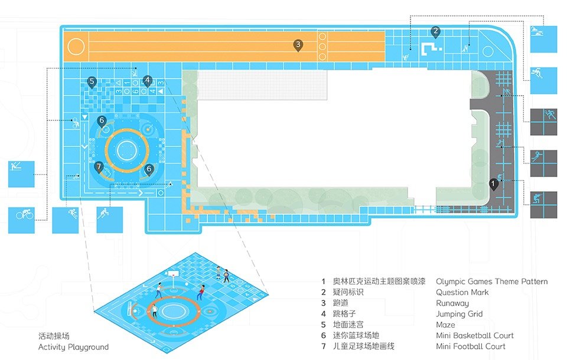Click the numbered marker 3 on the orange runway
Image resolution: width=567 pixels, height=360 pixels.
pos(298,45)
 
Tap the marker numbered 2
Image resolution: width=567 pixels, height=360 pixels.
pos(435,32)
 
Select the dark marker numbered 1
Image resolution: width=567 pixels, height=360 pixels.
pos(493,184)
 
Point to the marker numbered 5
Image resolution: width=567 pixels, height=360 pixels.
pos(92,83)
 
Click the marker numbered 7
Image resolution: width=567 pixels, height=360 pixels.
pos(99,168)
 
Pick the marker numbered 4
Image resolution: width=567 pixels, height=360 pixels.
pos(147,81)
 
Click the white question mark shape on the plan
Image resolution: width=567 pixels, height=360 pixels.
pos(431,50)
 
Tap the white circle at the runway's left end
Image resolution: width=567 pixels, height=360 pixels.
pos(76,47)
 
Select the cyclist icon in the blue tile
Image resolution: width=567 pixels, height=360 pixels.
pos(25,214)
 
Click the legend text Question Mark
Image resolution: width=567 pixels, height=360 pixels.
pos(462,292)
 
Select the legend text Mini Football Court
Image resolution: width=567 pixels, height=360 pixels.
pos(471,346)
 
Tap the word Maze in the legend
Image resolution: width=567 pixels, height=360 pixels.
pos(445,325)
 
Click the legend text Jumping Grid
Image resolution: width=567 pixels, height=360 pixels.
pos(460,314)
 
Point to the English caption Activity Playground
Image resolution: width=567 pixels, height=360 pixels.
pos(73,347)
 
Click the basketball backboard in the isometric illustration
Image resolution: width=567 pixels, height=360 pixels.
pos(174,273)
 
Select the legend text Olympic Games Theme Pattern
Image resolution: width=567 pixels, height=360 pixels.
pos(492,282)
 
